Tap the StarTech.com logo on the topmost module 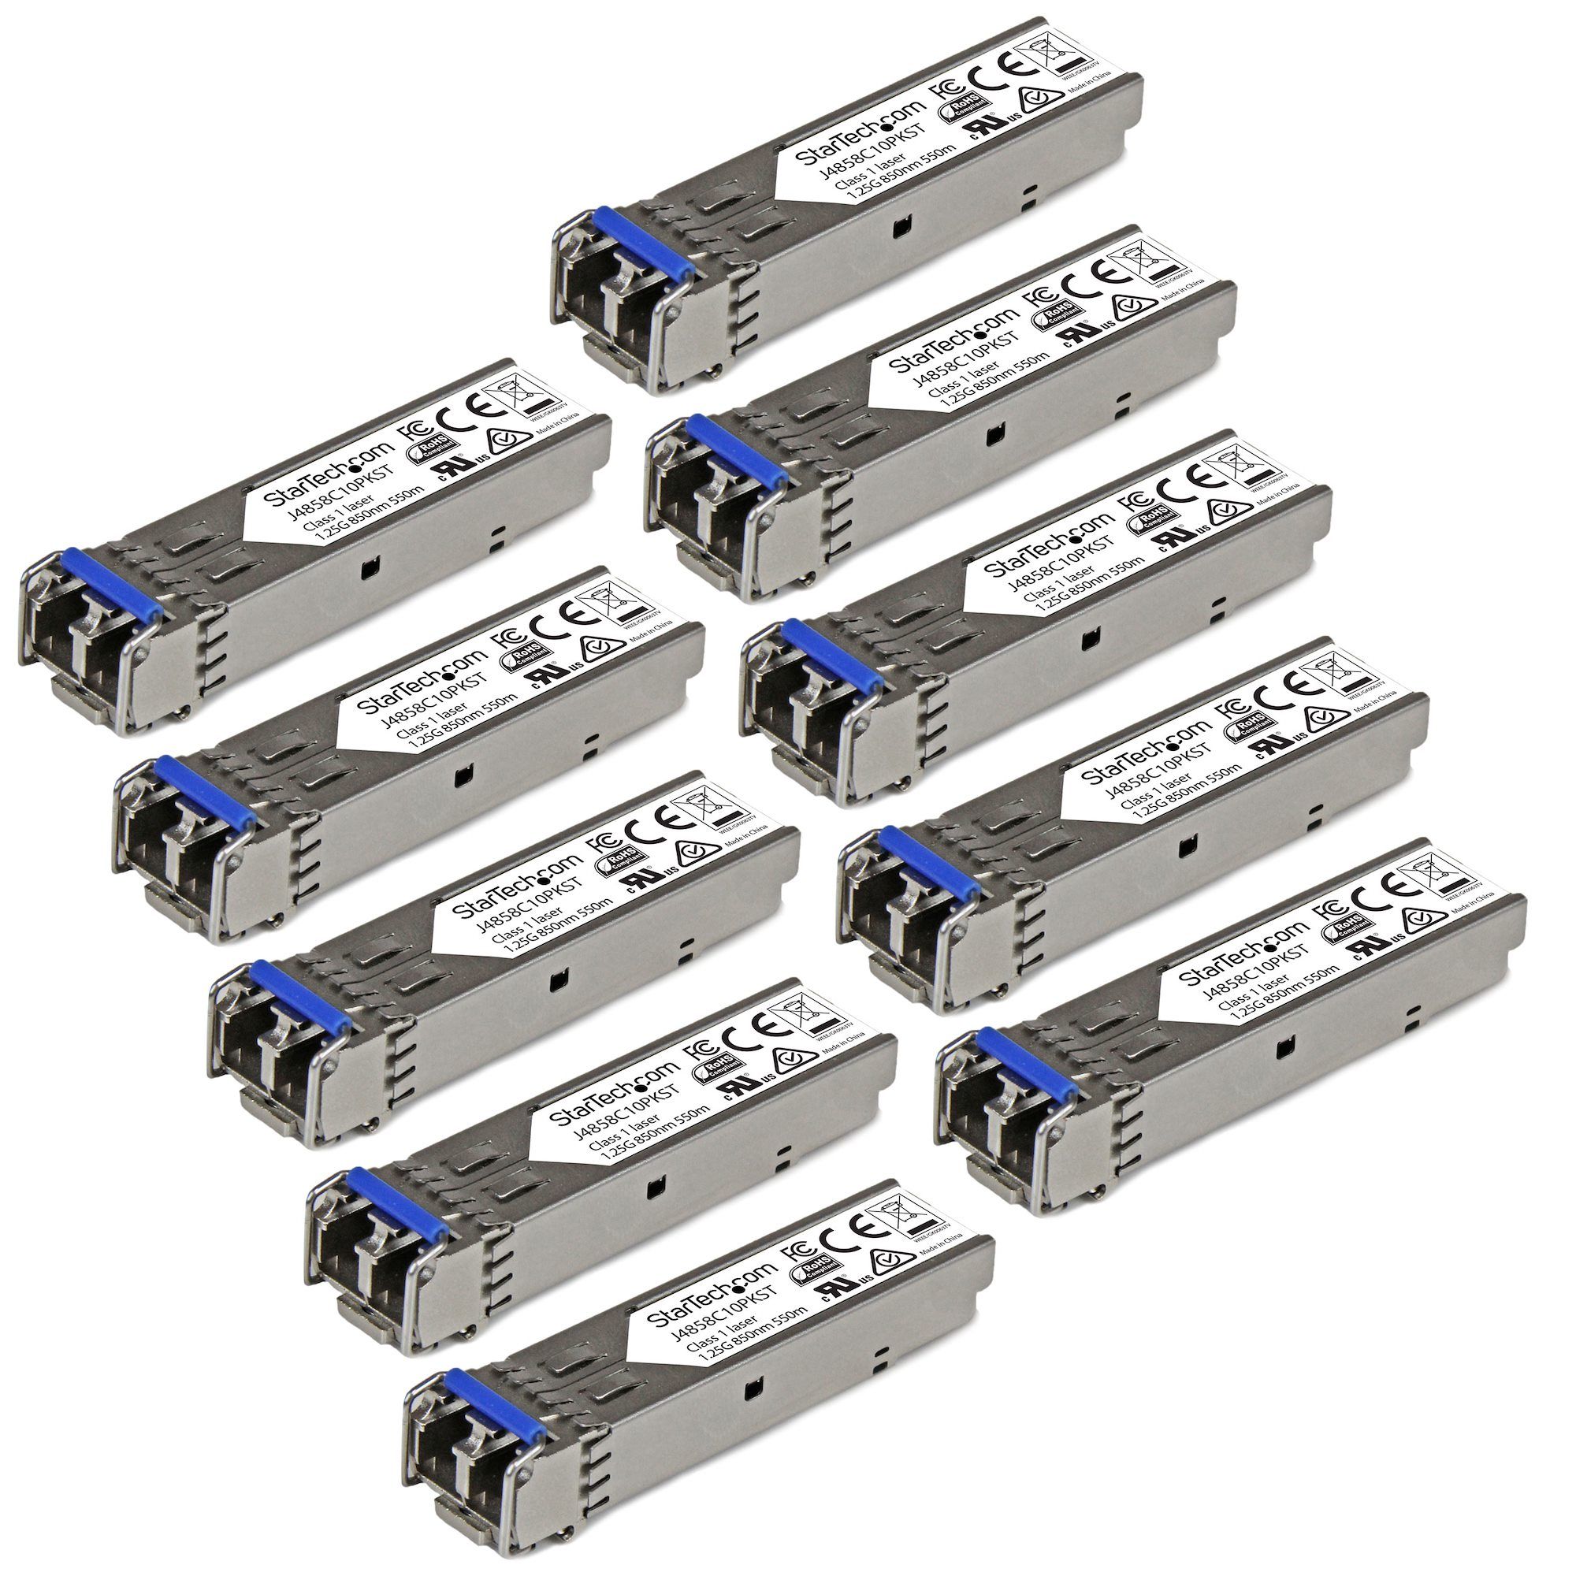(861, 137)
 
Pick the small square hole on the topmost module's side (898, 231)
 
